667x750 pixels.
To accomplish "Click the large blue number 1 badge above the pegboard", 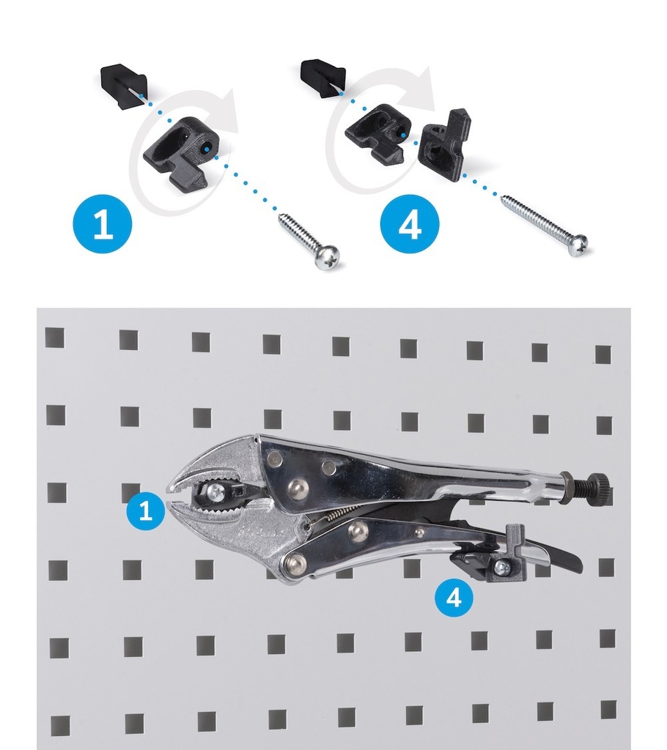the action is pyautogui.click(x=103, y=223).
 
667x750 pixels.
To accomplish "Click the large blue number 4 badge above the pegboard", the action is pyautogui.click(x=410, y=223).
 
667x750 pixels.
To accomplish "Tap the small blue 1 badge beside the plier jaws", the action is pyautogui.click(x=146, y=510).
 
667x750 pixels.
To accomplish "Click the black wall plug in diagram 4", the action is pyautogui.click(x=323, y=77).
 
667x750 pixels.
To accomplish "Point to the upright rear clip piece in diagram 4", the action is pyautogui.click(x=444, y=144).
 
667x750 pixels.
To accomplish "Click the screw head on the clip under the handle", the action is pyautogui.click(x=502, y=568).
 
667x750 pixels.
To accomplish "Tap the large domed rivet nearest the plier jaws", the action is pyautogui.click(x=298, y=489).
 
